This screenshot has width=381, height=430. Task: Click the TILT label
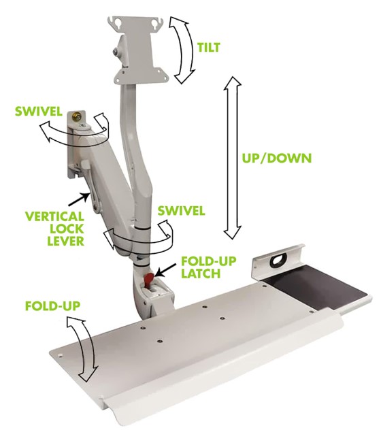tap(209, 48)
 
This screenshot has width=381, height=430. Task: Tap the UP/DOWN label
tap(277, 159)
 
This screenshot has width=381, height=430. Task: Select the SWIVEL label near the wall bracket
tap(38, 112)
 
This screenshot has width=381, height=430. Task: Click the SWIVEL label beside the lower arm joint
tap(181, 211)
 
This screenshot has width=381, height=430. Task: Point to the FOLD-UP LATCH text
tap(208, 267)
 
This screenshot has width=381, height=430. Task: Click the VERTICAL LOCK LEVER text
tap(55, 229)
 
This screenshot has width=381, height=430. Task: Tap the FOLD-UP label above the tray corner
tap(52, 306)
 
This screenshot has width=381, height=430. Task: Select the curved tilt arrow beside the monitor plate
tap(182, 50)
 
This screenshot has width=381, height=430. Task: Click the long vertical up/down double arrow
tap(232, 159)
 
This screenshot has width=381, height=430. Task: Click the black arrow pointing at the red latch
tap(165, 270)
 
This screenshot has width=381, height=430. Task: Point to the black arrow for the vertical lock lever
tap(78, 199)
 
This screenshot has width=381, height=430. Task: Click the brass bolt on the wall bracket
tap(76, 117)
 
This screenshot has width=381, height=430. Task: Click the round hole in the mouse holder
tap(279, 259)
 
